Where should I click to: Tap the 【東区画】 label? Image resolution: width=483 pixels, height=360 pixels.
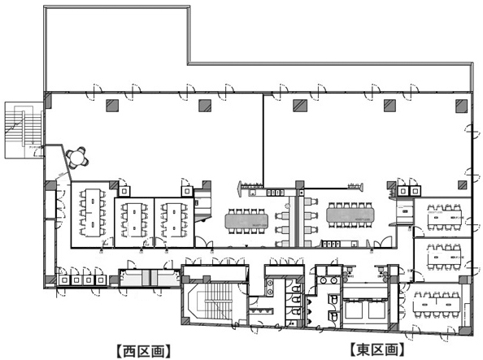point(377,351)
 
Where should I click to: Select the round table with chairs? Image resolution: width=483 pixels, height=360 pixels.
point(79,155)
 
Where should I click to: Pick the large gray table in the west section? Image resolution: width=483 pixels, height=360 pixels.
point(250,219)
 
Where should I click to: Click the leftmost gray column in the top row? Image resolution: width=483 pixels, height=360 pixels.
point(110,103)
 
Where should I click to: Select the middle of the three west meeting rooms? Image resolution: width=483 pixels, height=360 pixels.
point(133,219)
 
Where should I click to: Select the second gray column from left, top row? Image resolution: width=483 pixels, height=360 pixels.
point(203,103)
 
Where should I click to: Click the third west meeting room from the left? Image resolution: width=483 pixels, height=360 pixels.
point(173,219)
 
